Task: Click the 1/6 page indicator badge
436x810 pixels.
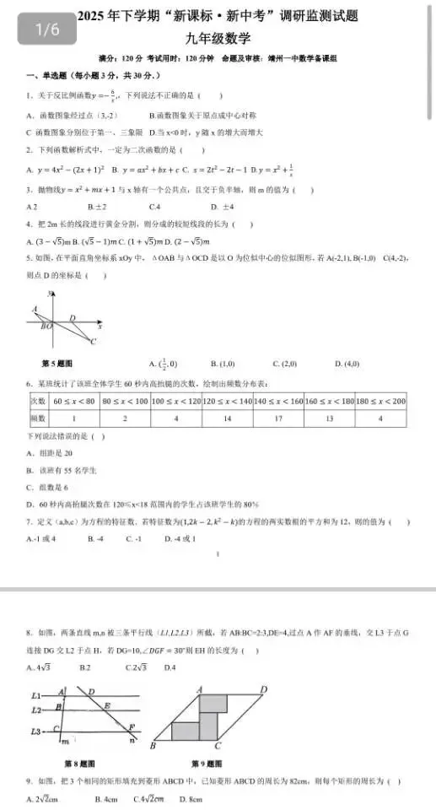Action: pos(47,30)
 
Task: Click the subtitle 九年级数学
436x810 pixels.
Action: pos(218,37)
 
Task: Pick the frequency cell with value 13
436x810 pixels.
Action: pos(328,418)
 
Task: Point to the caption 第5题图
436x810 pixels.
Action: pos(57,364)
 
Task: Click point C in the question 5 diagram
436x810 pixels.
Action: pos(94,341)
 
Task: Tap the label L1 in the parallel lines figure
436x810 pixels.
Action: pos(36,694)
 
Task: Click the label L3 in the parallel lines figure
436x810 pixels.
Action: pos(36,731)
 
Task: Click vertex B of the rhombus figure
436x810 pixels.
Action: pos(153,746)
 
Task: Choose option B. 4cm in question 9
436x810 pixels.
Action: pos(105,798)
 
